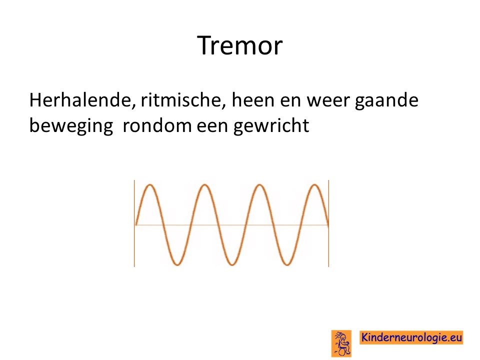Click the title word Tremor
[239, 45]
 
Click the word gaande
[386, 101]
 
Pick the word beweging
[71, 126]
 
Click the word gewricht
[271, 126]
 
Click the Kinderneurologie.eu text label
[411, 337]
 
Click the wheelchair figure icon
[341, 343]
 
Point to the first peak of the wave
[150, 185]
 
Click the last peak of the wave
[314, 185]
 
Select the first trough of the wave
[177, 264]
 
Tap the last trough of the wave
[287, 264]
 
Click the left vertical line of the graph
[134, 223]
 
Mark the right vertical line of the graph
[328, 223]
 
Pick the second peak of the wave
[204, 185]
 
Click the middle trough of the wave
[231, 264]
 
